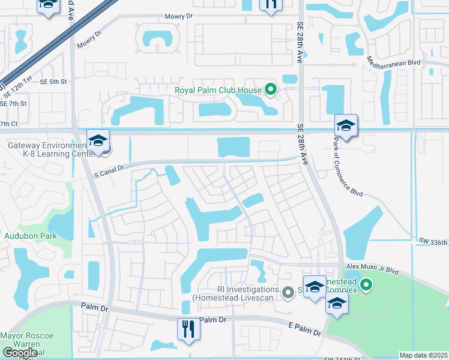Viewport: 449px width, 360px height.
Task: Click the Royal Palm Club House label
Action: coord(218,91)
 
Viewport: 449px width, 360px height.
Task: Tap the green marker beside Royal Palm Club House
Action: coord(271,91)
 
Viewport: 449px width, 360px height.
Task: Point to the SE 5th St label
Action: coord(53,81)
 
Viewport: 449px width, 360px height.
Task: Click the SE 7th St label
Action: coord(14,103)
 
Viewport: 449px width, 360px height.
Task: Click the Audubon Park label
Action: coord(30,236)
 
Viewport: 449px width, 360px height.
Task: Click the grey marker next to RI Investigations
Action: coord(288,293)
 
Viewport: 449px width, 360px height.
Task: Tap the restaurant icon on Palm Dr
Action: coord(188,329)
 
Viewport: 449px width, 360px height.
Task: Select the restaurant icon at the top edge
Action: coord(271,5)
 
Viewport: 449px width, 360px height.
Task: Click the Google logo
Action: coord(19,353)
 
